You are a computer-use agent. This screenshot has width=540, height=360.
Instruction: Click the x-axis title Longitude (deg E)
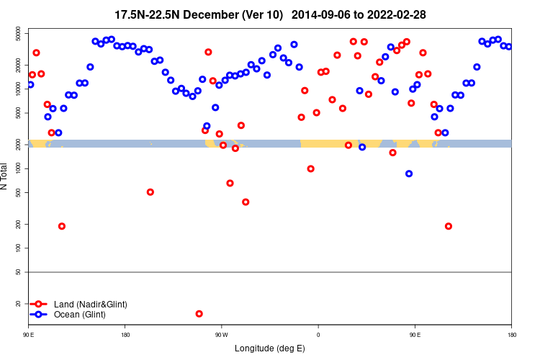point(270,348)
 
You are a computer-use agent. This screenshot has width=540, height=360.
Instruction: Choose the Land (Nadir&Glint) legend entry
point(90,305)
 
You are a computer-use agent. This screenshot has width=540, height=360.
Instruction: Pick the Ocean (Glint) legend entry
point(80,315)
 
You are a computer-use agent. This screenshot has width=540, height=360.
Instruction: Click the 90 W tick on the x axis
point(221,335)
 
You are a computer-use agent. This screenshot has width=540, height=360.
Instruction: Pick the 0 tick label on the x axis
point(318,335)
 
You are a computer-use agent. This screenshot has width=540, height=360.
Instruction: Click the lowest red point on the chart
point(199,314)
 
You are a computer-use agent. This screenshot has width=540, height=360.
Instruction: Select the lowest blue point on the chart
point(409,174)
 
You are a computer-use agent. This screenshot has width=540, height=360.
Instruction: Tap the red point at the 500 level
point(150,192)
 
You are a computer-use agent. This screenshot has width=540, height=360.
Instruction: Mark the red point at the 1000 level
point(311,168)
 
